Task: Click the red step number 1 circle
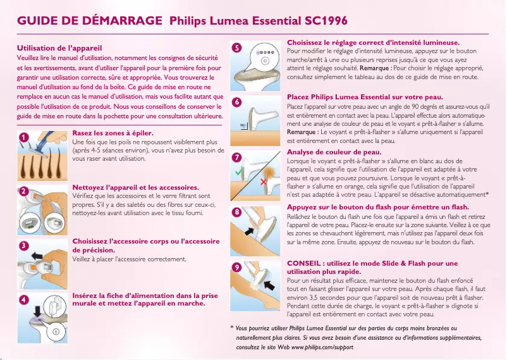point(23,137)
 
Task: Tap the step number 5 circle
point(236,47)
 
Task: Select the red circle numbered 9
point(236,268)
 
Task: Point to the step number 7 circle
point(236,156)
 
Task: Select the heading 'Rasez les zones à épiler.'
point(114,133)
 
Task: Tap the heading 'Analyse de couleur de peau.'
point(334,152)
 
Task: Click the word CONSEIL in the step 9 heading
point(306,263)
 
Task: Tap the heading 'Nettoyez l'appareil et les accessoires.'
point(136,188)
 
